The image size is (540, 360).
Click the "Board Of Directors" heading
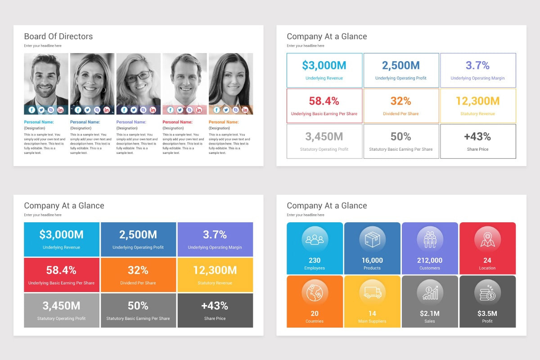pyautogui.click(x=58, y=36)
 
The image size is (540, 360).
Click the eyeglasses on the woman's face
pyautogui.click(x=138, y=76)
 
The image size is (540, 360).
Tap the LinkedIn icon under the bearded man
pyautogui.click(x=60, y=110)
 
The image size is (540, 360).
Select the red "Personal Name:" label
pyautogui.click(x=177, y=122)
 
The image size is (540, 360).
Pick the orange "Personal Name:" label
pyautogui.click(x=224, y=122)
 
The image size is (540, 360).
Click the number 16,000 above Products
pyautogui.click(x=372, y=260)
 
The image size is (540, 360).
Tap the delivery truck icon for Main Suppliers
pyautogui.click(x=372, y=292)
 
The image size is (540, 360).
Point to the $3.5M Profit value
pyautogui.click(x=487, y=313)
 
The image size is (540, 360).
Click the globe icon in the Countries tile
pyautogui.click(x=315, y=292)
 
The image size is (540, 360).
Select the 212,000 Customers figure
pyautogui.click(x=430, y=260)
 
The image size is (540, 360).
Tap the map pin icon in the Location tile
pyautogui.click(x=487, y=239)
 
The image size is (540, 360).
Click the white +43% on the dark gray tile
pyautogui.click(x=215, y=306)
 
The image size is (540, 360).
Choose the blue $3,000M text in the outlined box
pyautogui.click(x=324, y=66)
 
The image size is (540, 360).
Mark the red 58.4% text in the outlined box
pyautogui.click(x=324, y=101)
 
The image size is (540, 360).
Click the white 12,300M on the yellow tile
pyautogui.click(x=215, y=270)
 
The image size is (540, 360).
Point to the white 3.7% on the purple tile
pyautogui.click(x=215, y=234)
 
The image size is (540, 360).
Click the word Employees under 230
pyautogui.click(x=315, y=268)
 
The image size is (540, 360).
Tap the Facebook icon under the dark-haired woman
pyautogui.click(x=216, y=110)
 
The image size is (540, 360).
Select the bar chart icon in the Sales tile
pyautogui.click(x=430, y=292)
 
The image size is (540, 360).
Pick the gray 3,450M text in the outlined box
pyautogui.click(x=324, y=136)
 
